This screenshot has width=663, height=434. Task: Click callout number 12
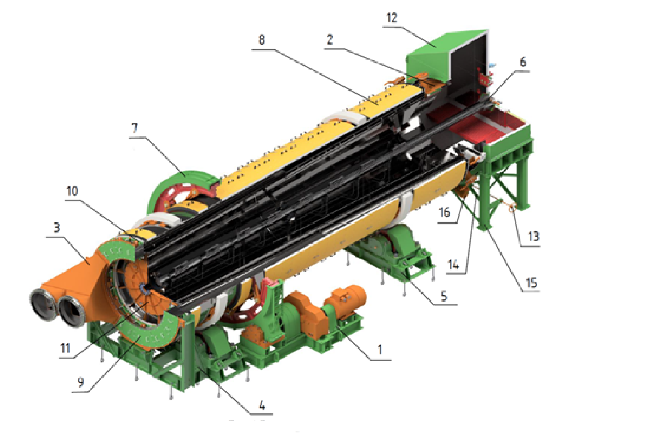click(x=392, y=18)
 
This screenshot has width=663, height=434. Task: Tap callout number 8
click(x=262, y=40)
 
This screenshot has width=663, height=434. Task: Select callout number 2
click(x=330, y=40)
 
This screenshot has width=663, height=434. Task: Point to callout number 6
click(x=523, y=62)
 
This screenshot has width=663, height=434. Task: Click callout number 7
click(x=135, y=128)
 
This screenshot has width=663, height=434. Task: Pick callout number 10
click(x=72, y=191)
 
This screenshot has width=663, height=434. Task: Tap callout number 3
click(x=57, y=227)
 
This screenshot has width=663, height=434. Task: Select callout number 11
click(x=66, y=348)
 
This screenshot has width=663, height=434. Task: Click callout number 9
click(x=81, y=382)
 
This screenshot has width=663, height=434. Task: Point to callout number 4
click(x=262, y=405)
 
